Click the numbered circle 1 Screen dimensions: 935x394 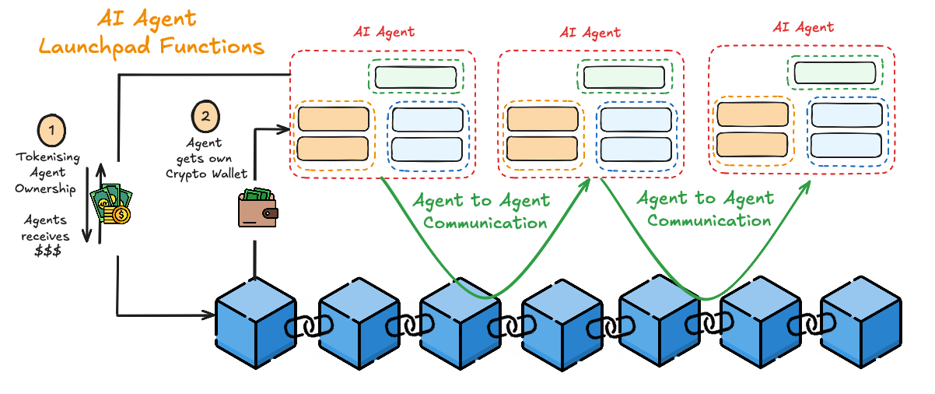51,130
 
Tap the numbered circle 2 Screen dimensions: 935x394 205,116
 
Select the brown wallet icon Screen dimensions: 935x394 258,208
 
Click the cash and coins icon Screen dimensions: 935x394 111,204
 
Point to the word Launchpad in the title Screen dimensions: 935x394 94,47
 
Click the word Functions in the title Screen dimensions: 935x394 212,45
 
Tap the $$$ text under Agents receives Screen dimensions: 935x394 48,251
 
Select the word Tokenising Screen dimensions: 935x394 48,157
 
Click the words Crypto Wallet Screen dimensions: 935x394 206,174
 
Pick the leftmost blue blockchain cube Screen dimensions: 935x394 255,323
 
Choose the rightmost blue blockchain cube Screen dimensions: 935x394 861,322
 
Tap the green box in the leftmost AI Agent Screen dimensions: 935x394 415,77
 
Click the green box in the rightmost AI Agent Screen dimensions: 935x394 835,72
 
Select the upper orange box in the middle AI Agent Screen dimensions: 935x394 543,118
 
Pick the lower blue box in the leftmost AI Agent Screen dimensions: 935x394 427,150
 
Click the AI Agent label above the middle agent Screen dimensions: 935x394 590,33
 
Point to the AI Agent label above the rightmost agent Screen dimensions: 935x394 804,27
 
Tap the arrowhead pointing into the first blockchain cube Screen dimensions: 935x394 209,315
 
